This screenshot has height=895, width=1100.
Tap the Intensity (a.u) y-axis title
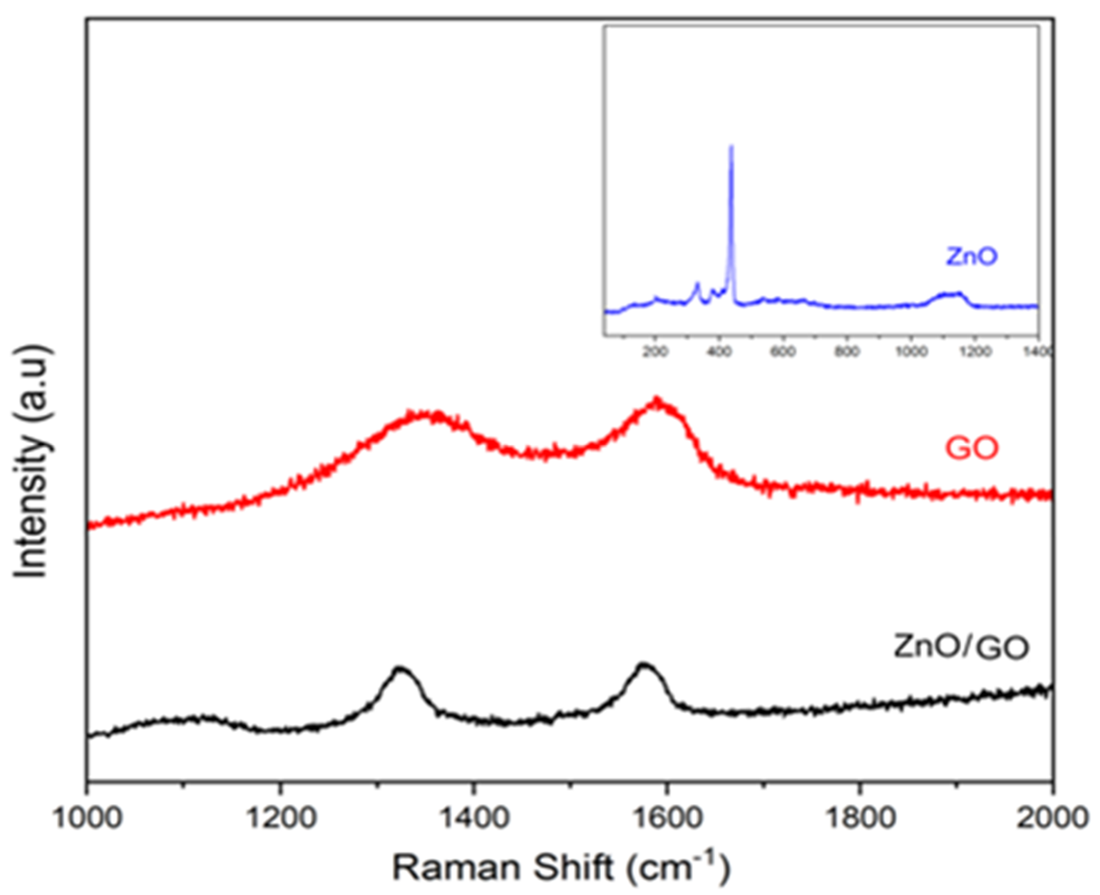(x=34, y=462)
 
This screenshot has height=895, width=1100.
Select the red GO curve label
(x=972, y=448)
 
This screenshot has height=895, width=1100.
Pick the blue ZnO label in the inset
(x=972, y=256)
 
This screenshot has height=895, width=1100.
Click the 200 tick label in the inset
(x=656, y=352)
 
